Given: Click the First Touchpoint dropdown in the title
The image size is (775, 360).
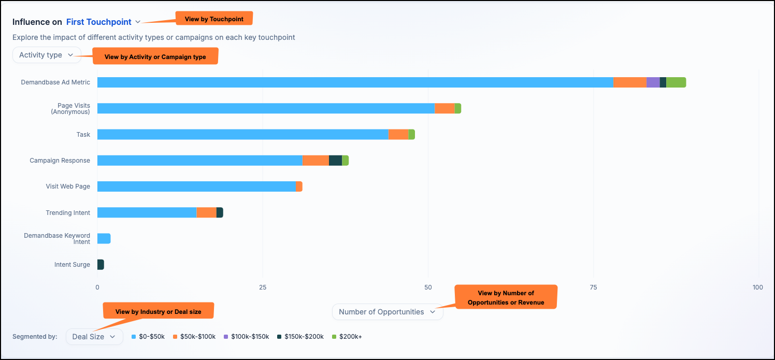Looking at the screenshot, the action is [x=103, y=22].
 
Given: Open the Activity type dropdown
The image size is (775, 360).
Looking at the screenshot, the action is [x=47, y=55].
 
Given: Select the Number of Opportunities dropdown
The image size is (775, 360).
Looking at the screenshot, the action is [x=387, y=312].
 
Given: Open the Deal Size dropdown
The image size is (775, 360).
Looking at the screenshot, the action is [x=94, y=337].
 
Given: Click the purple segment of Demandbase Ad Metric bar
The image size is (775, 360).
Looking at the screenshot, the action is [x=653, y=82].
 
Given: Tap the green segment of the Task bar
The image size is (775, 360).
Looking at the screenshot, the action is [x=411, y=135].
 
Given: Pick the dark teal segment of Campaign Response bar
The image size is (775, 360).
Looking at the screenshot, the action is [x=335, y=161].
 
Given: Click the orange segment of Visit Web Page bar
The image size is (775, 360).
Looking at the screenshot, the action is [x=299, y=186].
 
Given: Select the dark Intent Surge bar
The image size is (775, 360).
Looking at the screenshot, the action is [x=101, y=265].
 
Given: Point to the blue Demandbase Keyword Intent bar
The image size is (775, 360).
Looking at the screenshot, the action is [x=104, y=239].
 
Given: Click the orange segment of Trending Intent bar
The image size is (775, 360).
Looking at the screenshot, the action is [x=207, y=213].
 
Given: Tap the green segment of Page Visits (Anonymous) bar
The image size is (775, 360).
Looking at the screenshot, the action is [x=458, y=108].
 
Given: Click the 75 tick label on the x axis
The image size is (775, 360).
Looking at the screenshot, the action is [x=593, y=287].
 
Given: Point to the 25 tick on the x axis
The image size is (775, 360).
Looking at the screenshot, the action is [x=263, y=287].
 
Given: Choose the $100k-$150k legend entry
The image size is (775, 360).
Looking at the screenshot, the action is [x=247, y=337].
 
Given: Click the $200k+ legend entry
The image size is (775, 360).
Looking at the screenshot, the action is [x=347, y=337].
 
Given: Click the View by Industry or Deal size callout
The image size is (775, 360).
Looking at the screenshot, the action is [x=159, y=311].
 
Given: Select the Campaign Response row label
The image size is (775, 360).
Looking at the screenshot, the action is [x=60, y=161].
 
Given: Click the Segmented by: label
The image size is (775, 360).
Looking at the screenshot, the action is [x=35, y=337].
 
